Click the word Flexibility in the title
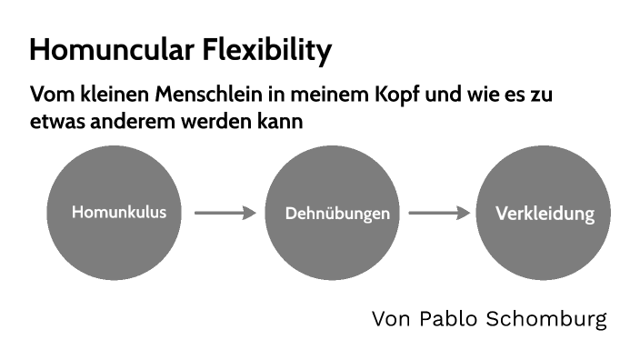point(270,50)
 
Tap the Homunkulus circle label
point(119,213)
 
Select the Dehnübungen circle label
point(337,215)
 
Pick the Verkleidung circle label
point(545,215)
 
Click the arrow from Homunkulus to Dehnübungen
point(226,214)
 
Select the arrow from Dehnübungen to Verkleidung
point(439,214)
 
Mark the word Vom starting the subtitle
point(48,95)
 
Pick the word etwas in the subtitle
point(54,120)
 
